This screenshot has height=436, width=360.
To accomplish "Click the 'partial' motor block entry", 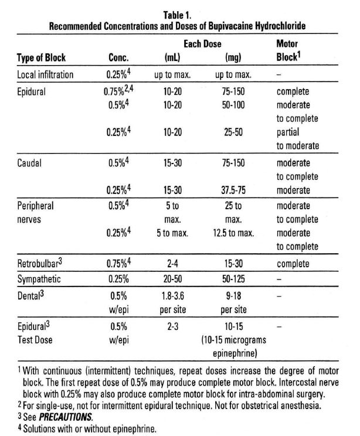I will (287, 132).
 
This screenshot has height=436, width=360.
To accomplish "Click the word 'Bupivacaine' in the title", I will (227, 27).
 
